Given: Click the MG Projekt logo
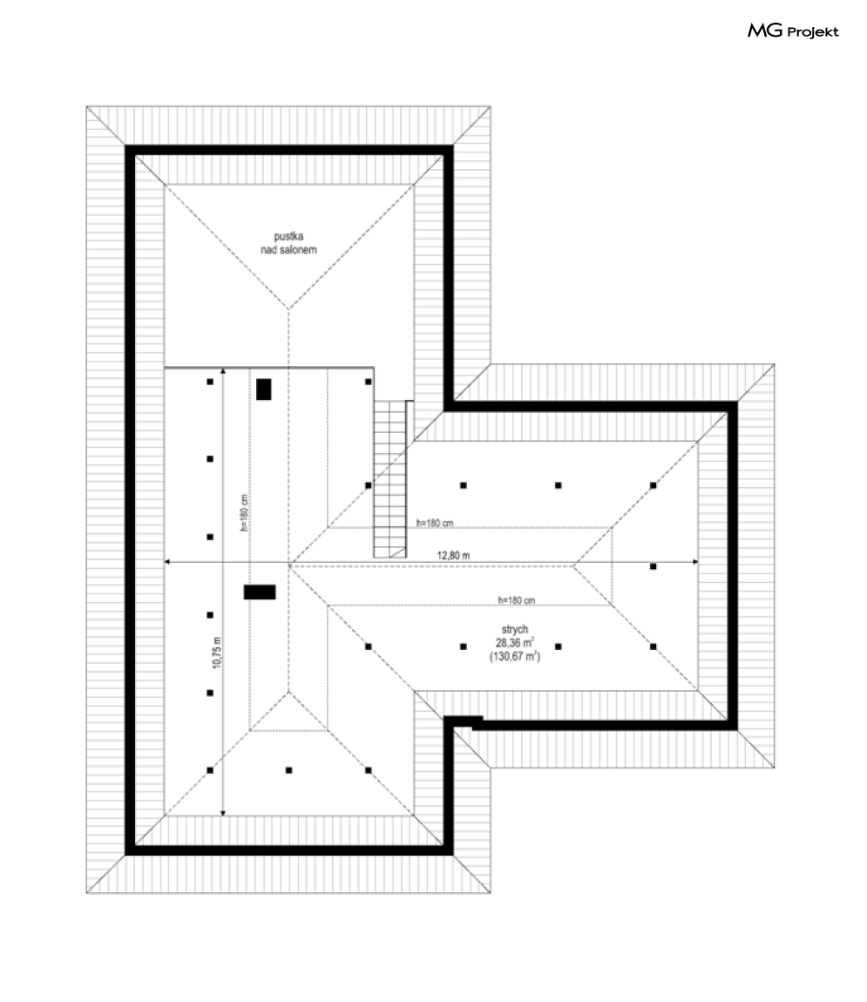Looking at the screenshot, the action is pos(793,30).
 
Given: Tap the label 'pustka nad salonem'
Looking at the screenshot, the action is pos(288,243).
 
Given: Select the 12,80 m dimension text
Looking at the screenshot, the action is pos(453,555).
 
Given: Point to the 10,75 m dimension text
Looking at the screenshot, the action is pos(217,653).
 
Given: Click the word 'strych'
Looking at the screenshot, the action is pos(515,629).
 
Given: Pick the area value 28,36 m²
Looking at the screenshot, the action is pos(515,643).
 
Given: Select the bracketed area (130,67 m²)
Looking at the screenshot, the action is pos(515,656).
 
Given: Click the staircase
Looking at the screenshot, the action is pos(389,479).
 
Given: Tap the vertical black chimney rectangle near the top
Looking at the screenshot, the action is pos(264,389).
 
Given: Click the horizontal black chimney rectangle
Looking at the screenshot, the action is pos(260,592).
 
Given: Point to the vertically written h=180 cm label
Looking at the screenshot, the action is pos(243,513).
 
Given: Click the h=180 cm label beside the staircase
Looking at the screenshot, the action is pos(435,523).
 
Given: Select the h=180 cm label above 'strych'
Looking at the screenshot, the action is pos(517,600).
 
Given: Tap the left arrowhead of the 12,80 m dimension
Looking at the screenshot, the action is pos(167,562).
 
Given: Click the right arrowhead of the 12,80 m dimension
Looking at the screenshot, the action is pos(695,562).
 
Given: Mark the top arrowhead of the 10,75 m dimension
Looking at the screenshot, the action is pos(223,370).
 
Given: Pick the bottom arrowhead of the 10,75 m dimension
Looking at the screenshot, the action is pos(223,813).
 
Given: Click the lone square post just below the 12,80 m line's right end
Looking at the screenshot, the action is pos(653,566).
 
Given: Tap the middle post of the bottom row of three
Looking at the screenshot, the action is pos(288,770).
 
